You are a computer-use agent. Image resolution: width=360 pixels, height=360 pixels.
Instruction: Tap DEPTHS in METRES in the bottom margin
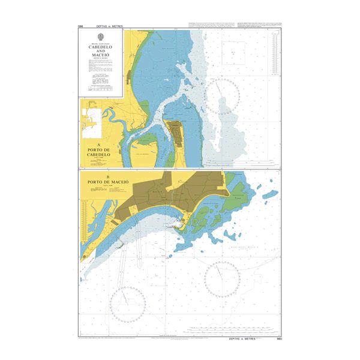coord(242,339)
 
